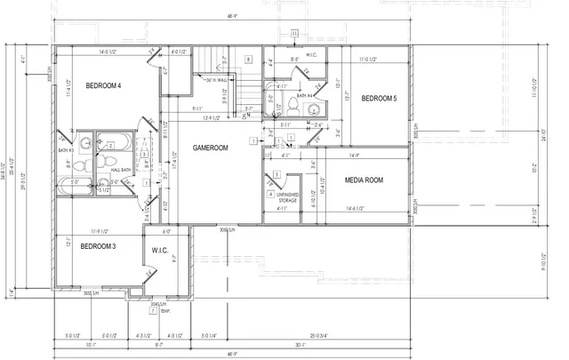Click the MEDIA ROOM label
click(365, 180)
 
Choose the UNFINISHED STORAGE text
click(288, 197)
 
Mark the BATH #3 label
click(65, 151)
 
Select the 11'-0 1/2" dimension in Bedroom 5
click(378, 60)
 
